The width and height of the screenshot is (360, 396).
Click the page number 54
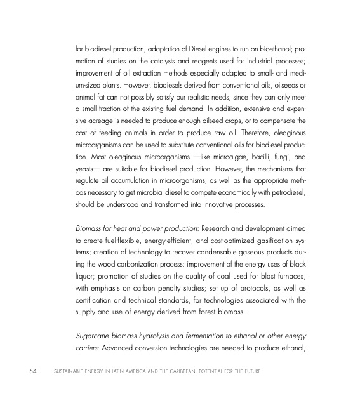pyautogui.click(x=23, y=368)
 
